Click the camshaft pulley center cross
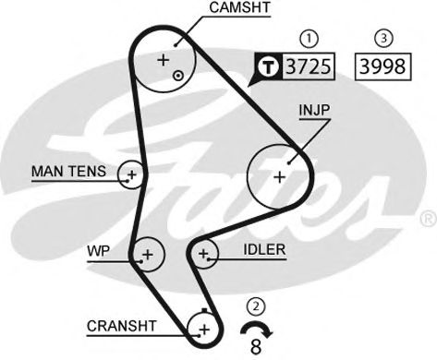(x=164, y=60)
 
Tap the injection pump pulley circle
(x=280, y=174)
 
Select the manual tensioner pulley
(x=132, y=173)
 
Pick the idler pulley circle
(x=203, y=252)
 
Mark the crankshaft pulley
(x=203, y=327)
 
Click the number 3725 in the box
(x=309, y=66)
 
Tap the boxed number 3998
(x=380, y=66)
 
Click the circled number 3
(x=380, y=39)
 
